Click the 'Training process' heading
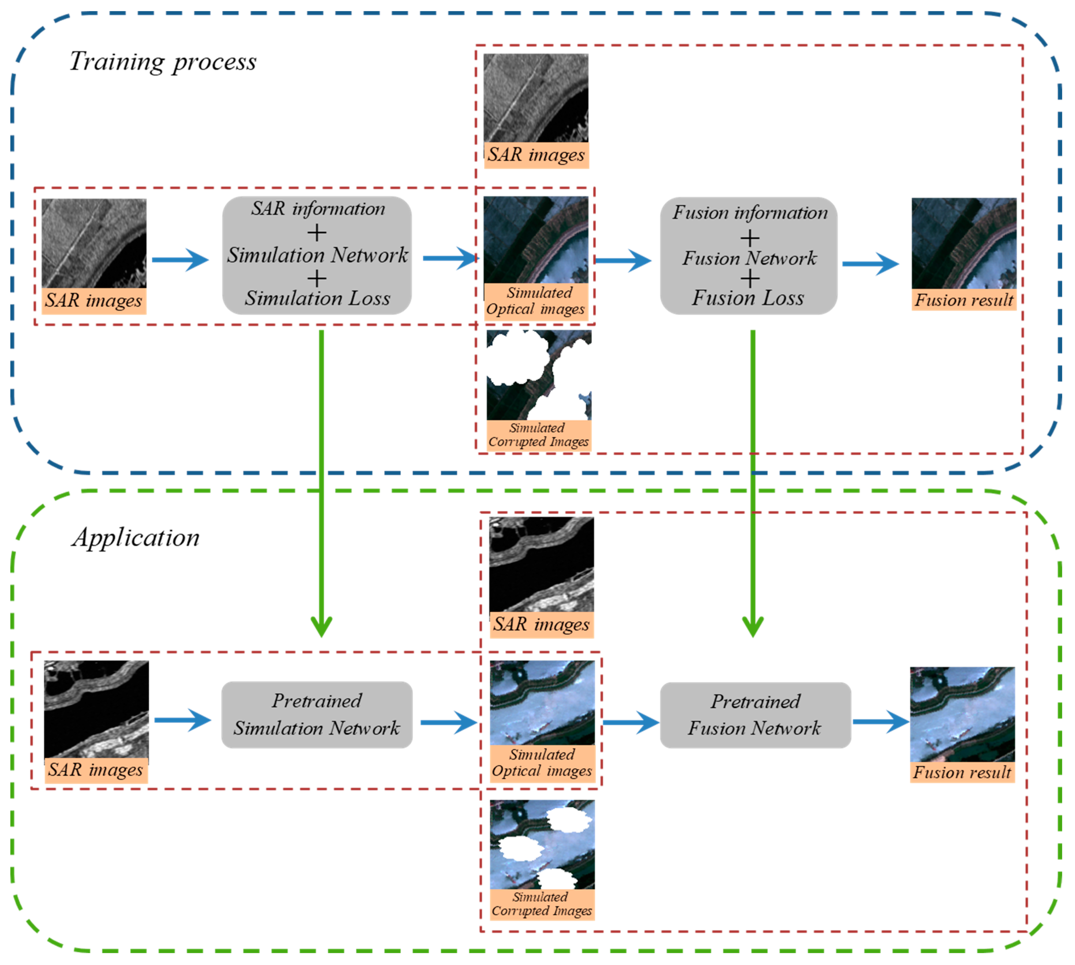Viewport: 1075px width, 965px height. coord(163,62)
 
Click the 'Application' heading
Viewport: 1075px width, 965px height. coord(136,538)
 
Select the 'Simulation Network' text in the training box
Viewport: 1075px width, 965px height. coord(318,255)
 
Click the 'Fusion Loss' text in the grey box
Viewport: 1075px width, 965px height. coord(748,298)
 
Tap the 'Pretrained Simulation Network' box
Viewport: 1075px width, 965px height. coord(317,715)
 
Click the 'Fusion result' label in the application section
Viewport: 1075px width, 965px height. coord(962,772)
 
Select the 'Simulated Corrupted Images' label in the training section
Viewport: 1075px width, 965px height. coord(538,435)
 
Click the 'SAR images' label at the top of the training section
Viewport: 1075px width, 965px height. coord(536,155)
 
